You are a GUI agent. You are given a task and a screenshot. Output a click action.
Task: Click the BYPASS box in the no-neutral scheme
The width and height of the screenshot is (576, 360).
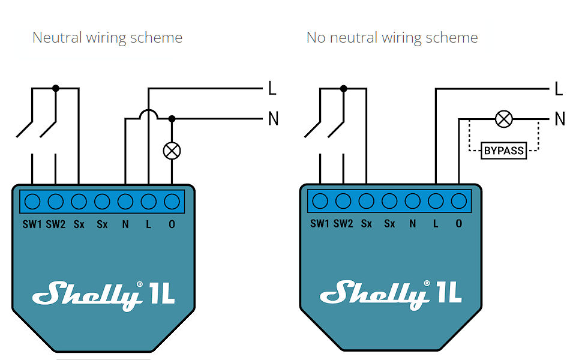coord(504,150)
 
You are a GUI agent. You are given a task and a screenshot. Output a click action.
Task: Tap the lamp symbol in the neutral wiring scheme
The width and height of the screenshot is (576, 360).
coord(172,150)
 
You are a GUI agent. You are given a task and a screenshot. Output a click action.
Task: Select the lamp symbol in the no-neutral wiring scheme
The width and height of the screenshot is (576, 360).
coord(504,119)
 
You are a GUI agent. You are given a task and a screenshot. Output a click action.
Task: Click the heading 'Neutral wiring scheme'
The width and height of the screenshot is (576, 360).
coord(107,38)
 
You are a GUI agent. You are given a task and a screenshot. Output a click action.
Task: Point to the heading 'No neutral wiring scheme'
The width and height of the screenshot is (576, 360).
coord(392,38)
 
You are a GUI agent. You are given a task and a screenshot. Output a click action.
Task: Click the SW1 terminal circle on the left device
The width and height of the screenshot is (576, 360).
coord(32,201)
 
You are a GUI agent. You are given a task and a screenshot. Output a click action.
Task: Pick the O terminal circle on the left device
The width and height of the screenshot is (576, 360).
coord(172,201)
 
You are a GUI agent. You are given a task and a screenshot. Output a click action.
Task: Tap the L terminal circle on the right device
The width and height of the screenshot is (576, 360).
coord(436,201)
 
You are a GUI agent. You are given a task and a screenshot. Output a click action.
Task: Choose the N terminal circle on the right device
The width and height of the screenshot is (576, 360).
coord(412,201)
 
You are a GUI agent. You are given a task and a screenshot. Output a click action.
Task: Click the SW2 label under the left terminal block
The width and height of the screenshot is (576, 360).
coord(56,224)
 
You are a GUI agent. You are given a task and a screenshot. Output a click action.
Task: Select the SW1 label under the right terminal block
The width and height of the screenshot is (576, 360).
coord(320,224)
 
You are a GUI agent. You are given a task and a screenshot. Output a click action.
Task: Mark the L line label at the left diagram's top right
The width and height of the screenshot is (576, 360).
coord(272,89)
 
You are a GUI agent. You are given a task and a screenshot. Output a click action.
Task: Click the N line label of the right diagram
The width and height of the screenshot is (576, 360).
coord(560,119)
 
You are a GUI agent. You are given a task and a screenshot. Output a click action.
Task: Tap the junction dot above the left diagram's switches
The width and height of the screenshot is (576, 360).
coord(56,88)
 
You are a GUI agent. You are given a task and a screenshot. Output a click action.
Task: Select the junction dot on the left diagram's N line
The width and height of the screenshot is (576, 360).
coord(172,119)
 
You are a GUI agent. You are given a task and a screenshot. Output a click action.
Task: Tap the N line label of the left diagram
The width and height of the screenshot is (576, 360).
coord(274,119)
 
